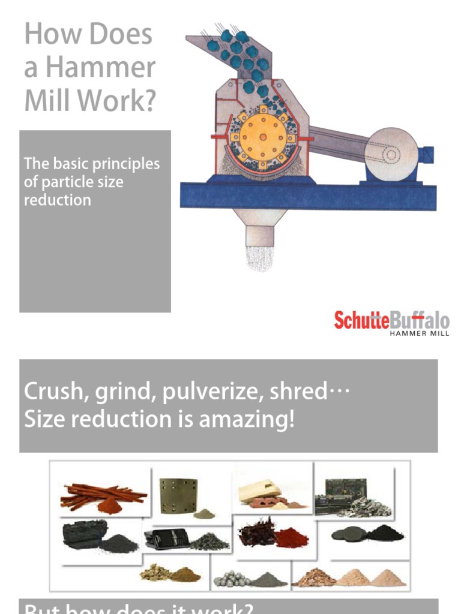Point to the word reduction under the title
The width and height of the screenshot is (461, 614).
(57, 200)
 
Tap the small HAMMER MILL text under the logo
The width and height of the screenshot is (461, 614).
(420, 333)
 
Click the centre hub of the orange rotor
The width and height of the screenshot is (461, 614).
(262, 137)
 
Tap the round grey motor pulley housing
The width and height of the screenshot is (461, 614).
(391, 155)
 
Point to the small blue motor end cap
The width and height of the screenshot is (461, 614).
(426, 155)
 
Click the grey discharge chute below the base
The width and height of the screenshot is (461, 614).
(259, 225)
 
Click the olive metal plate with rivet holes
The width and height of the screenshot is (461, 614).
(179, 495)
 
